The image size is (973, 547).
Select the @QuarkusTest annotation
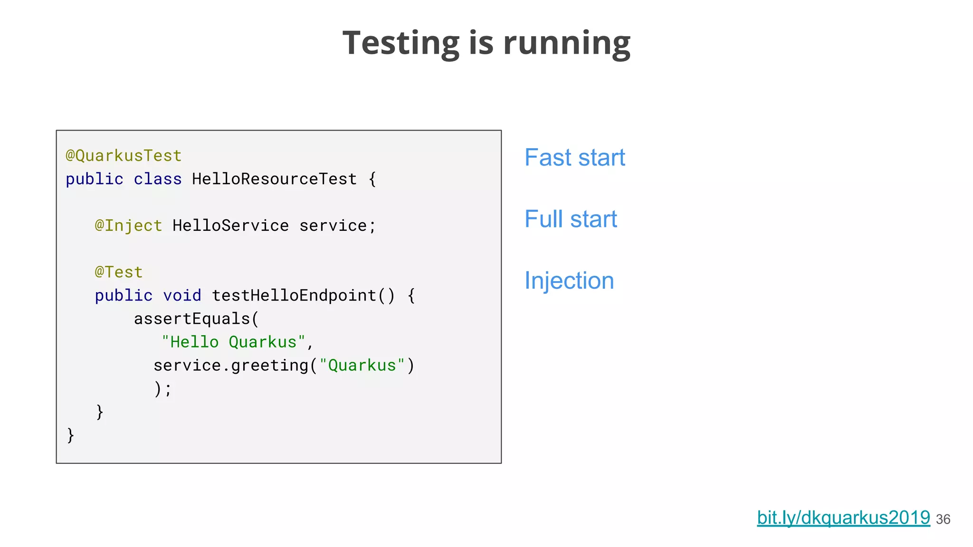[x=124, y=156]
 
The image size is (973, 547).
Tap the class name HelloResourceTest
[x=274, y=179]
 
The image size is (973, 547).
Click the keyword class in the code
[x=157, y=179]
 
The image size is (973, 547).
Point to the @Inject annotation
[x=128, y=226]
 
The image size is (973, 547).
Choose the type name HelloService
[x=230, y=226]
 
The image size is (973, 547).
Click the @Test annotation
[x=119, y=272]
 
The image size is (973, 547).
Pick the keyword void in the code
[x=182, y=295]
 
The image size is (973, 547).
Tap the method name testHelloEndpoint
[x=294, y=295]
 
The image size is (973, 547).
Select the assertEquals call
[x=191, y=319]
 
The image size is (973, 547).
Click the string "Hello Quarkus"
[x=233, y=342]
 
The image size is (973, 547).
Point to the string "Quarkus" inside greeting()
[x=362, y=365]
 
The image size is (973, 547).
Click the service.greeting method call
[x=230, y=365]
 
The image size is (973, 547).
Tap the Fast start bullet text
[x=574, y=158]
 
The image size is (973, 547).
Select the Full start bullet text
[x=571, y=219]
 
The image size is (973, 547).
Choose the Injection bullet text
[x=569, y=281]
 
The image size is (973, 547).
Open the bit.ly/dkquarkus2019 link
[x=843, y=518]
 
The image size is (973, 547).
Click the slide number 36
[x=943, y=519]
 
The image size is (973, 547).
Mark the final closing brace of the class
[x=71, y=435]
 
